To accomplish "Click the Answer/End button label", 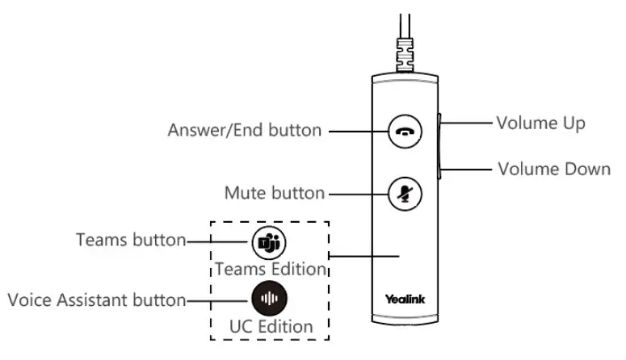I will (243, 131).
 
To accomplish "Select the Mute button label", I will (274, 194).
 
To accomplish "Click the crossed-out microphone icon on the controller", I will (405, 193).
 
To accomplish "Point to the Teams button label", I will (131, 241).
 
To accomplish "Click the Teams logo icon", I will (269, 241).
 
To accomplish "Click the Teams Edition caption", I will (270, 268).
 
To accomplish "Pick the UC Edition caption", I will (270, 328).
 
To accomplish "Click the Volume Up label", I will (540, 123).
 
